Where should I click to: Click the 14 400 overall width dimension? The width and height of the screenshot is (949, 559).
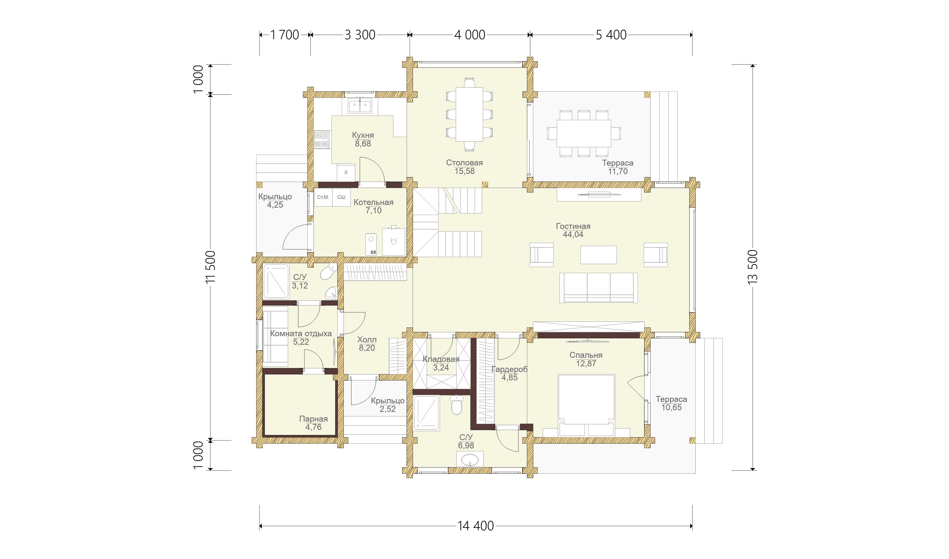click(475, 526)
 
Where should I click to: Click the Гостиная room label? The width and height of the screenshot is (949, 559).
click(573, 226)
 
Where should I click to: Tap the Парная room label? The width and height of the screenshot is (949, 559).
click(313, 419)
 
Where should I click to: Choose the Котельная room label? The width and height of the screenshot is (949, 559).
click(373, 202)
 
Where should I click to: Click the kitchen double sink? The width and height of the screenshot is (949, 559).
click(360, 106)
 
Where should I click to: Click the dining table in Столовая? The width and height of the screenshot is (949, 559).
click(469, 114)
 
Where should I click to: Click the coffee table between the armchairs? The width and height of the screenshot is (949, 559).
click(598, 255)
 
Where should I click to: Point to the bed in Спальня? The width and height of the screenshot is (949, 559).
click(586, 405)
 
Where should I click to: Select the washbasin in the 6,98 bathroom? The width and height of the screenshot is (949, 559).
click(470, 460)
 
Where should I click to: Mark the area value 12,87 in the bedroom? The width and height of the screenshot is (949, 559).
click(586, 364)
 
